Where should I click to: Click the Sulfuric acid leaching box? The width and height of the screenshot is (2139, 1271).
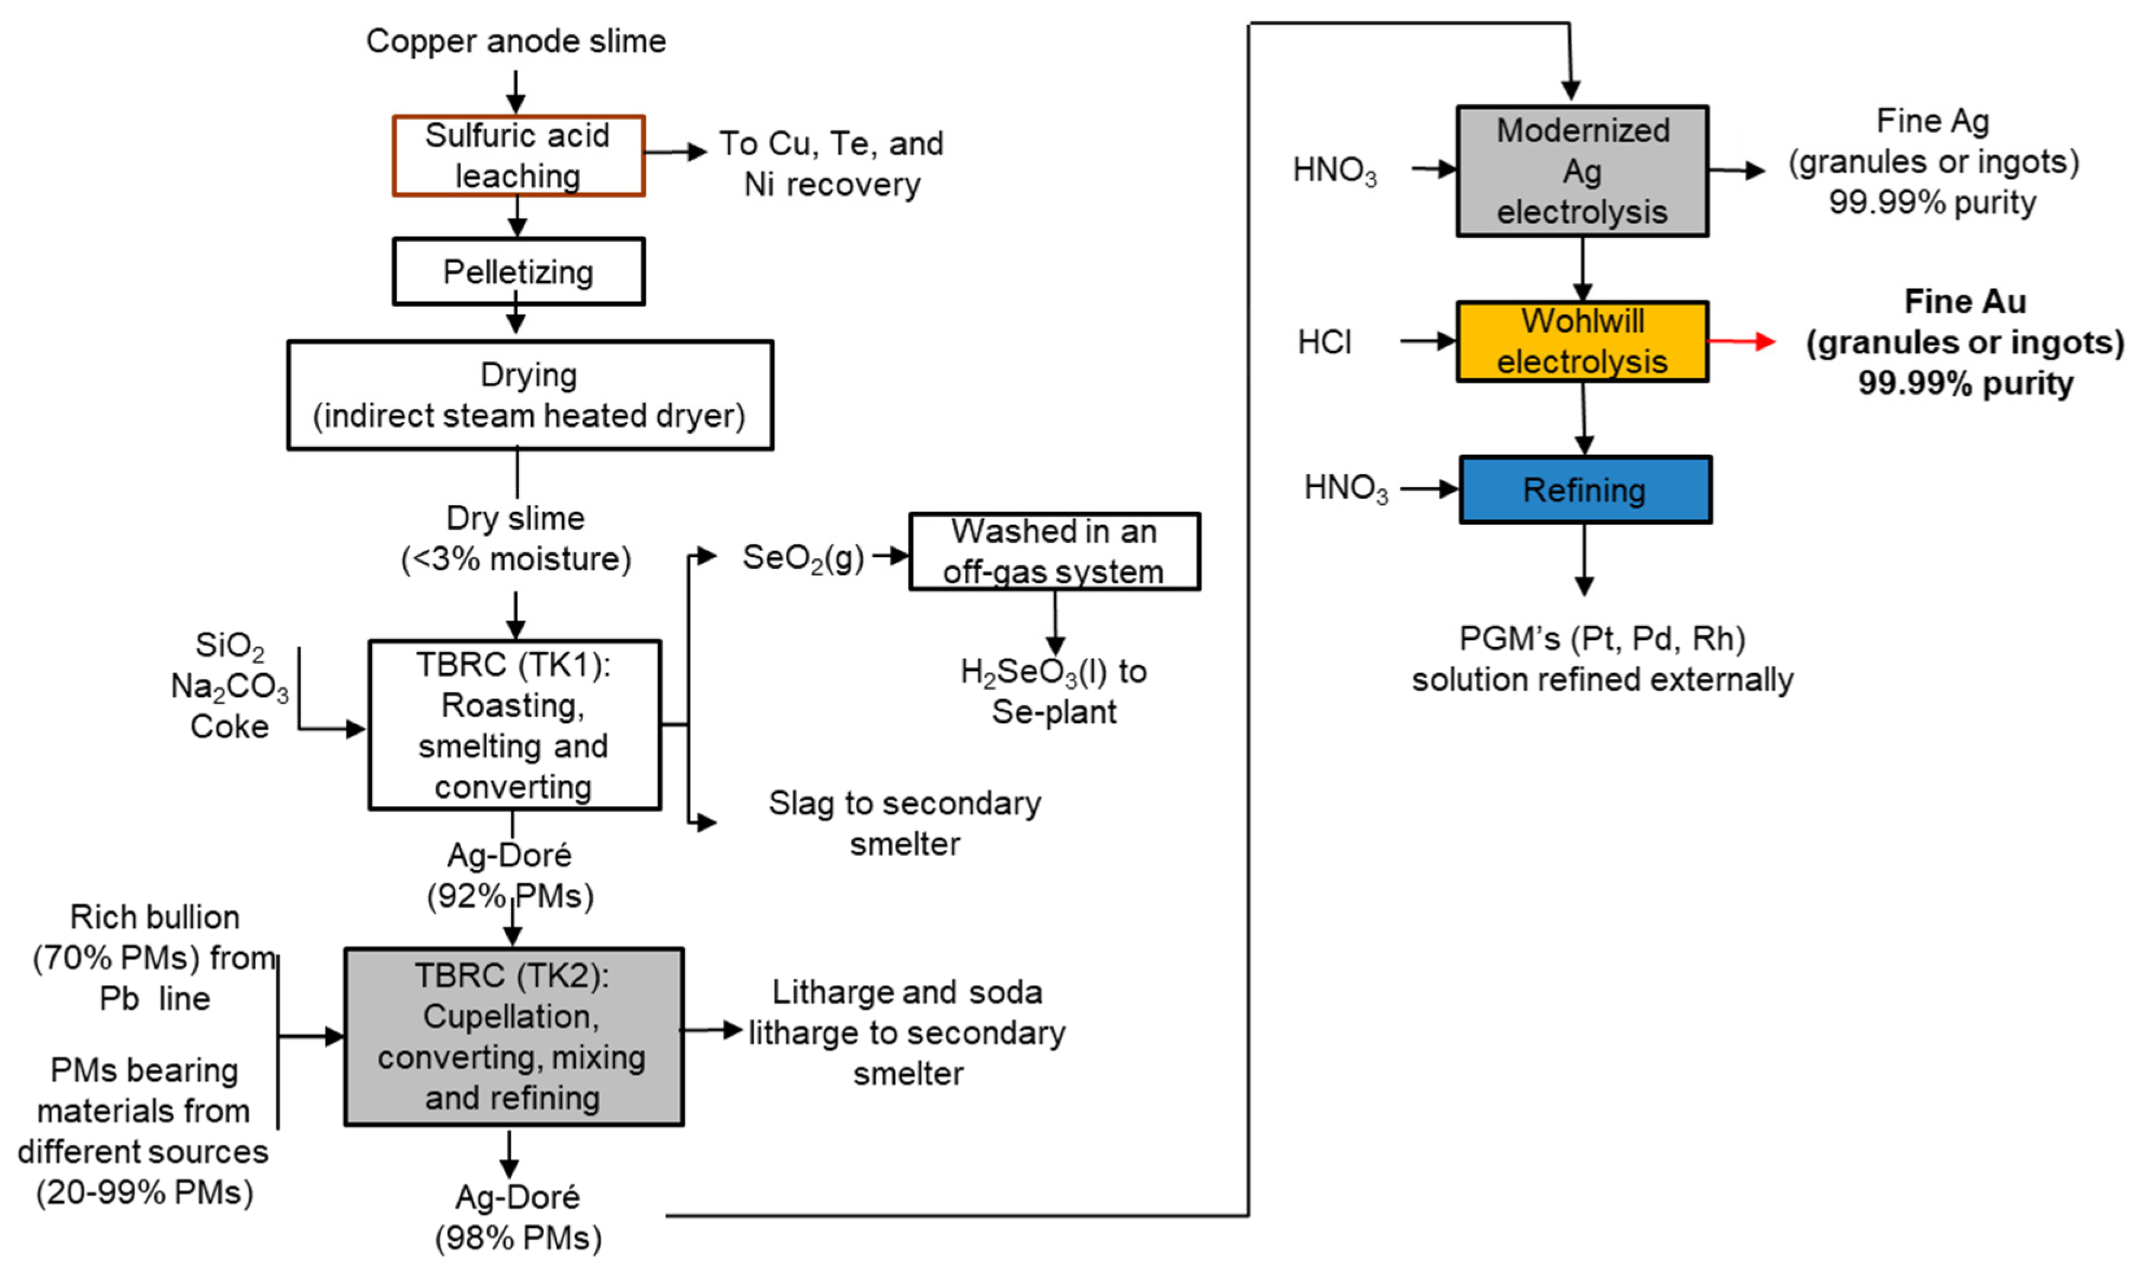click(518, 156)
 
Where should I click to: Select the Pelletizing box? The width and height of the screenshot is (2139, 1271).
click(518, 271)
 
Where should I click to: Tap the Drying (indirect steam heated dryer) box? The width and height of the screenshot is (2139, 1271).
click(529, 395)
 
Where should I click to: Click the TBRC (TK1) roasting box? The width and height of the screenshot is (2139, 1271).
click(514, 725)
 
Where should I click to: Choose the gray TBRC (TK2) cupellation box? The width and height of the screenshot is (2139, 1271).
click(513, 1036)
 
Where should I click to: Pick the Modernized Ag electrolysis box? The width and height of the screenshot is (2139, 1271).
click(1581, 171)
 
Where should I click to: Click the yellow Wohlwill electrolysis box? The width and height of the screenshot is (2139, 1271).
click(1581, 341)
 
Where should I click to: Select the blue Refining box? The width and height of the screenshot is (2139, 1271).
click(1585, 490)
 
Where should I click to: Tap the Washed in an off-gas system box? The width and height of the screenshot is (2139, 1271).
click(1054, 552)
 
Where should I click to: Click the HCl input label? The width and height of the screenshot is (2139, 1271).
click(1323, 342)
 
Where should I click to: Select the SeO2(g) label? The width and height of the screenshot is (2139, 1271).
click(802, 558)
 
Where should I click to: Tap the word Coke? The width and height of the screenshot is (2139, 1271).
click(229, 726)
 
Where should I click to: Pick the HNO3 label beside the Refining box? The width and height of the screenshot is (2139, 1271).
click(1345, 488)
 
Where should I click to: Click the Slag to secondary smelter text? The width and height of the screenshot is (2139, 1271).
click(904, 823)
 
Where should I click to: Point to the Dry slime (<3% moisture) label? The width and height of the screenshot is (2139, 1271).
click(516, 539)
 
